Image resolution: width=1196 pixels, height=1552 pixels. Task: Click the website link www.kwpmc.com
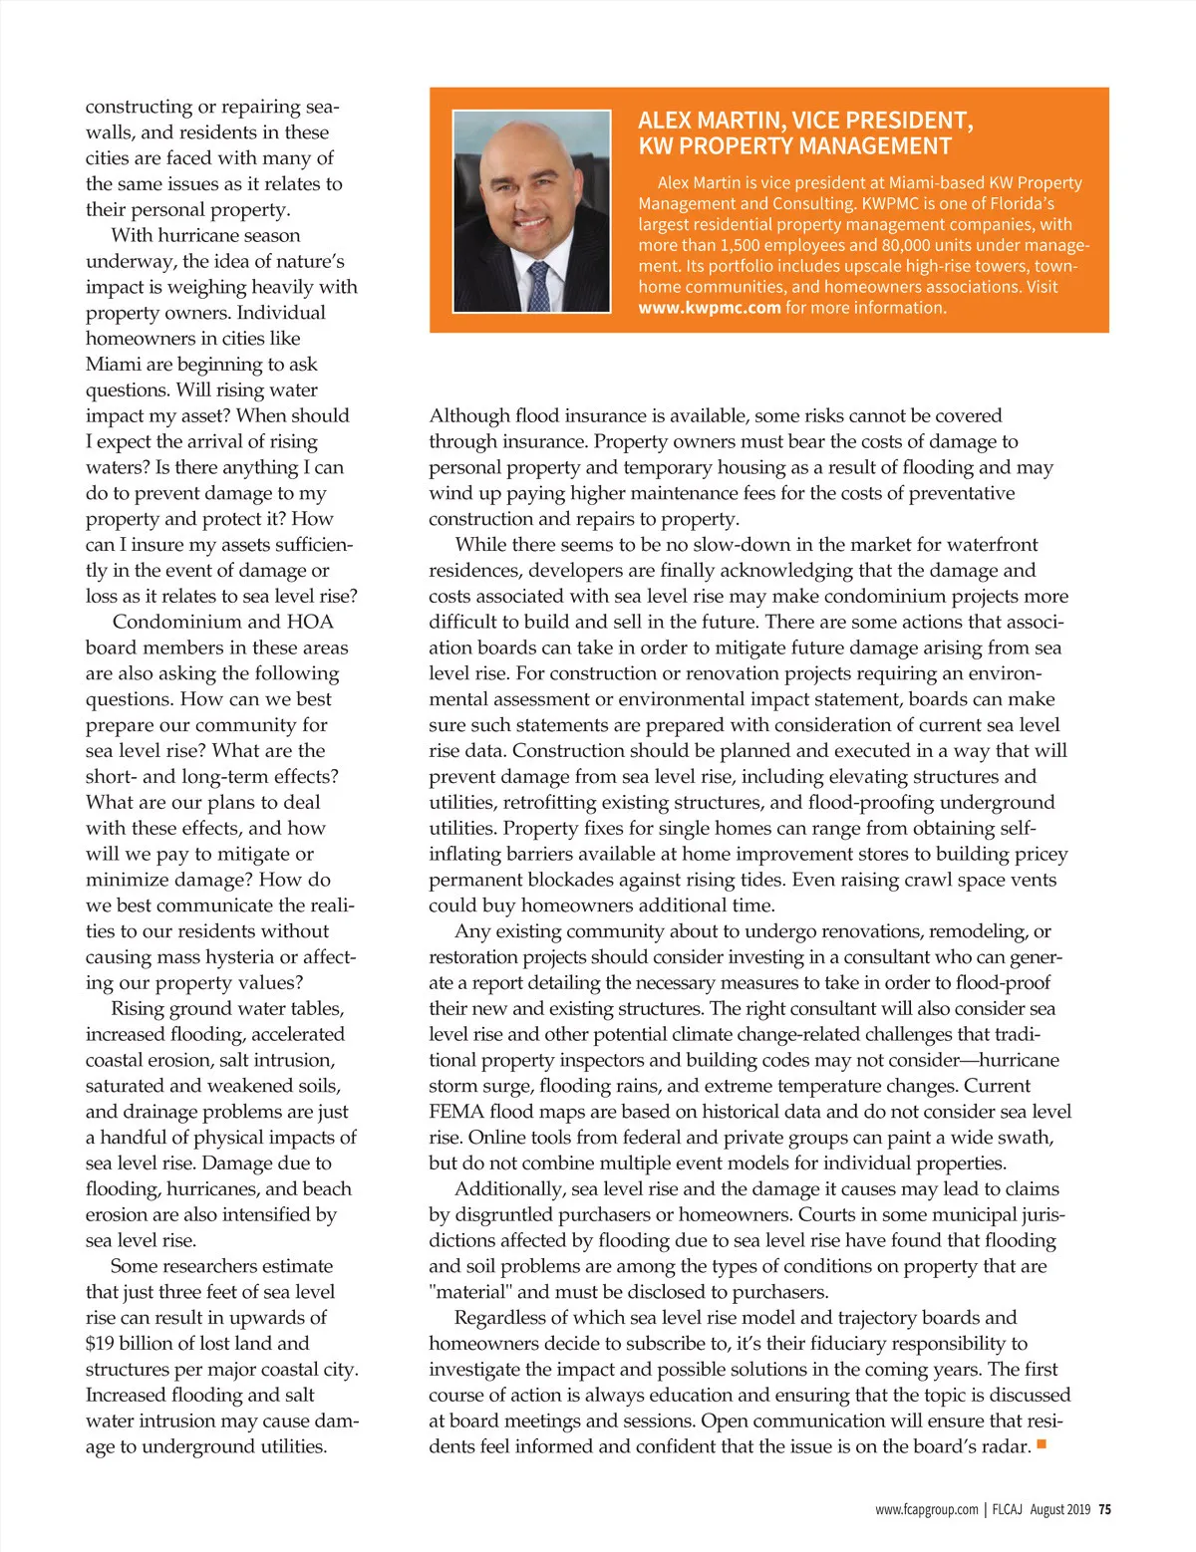pos(709,308)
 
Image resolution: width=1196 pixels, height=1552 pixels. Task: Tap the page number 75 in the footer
pos(1104,1510)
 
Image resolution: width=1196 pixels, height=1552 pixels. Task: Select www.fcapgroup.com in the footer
pos(927,1510)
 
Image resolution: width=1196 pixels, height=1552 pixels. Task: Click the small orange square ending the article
pos(1042,1443)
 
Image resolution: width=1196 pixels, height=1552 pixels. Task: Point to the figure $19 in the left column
pos(100,1344)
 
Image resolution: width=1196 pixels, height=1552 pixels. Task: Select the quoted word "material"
pos(469,1292)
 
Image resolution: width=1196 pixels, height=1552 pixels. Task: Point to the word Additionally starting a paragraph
pos(509,1189)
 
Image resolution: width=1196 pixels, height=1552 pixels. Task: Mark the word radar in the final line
pos(1004,1446)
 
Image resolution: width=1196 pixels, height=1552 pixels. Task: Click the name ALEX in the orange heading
pos(665,122)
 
